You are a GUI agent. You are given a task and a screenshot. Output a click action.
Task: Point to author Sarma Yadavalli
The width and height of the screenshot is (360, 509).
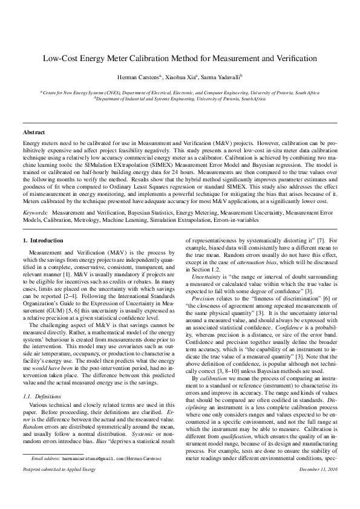coord(223,77)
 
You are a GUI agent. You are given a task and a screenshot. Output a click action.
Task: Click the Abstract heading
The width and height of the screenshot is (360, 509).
coord(34,131)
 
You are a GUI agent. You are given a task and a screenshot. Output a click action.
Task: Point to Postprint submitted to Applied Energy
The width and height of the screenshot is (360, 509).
coord(57,486)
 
